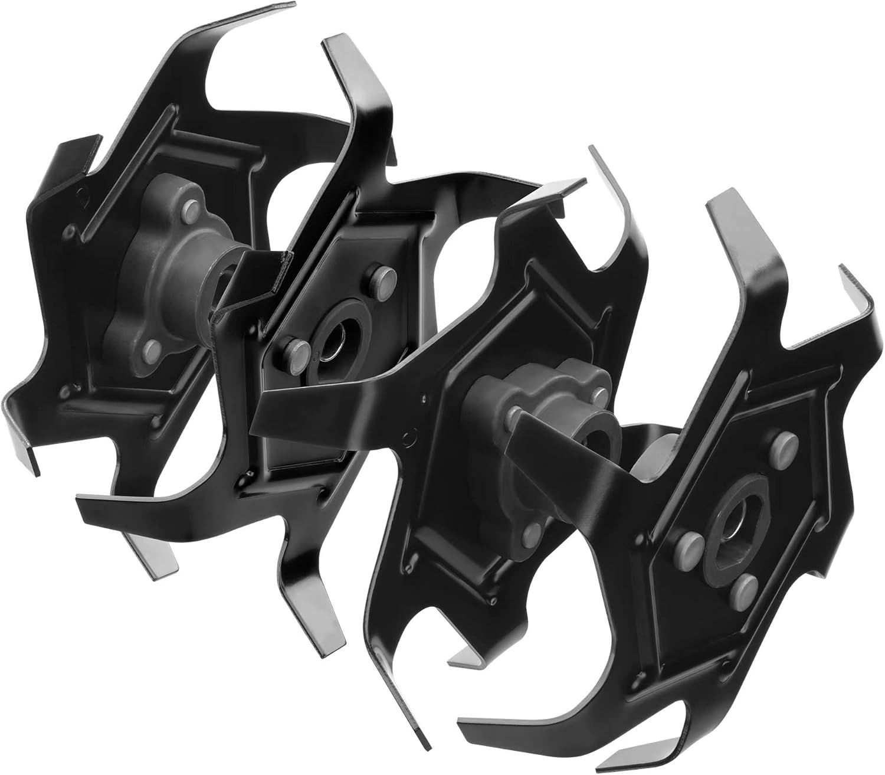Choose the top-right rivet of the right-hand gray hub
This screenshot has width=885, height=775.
click(x=601, y=393)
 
